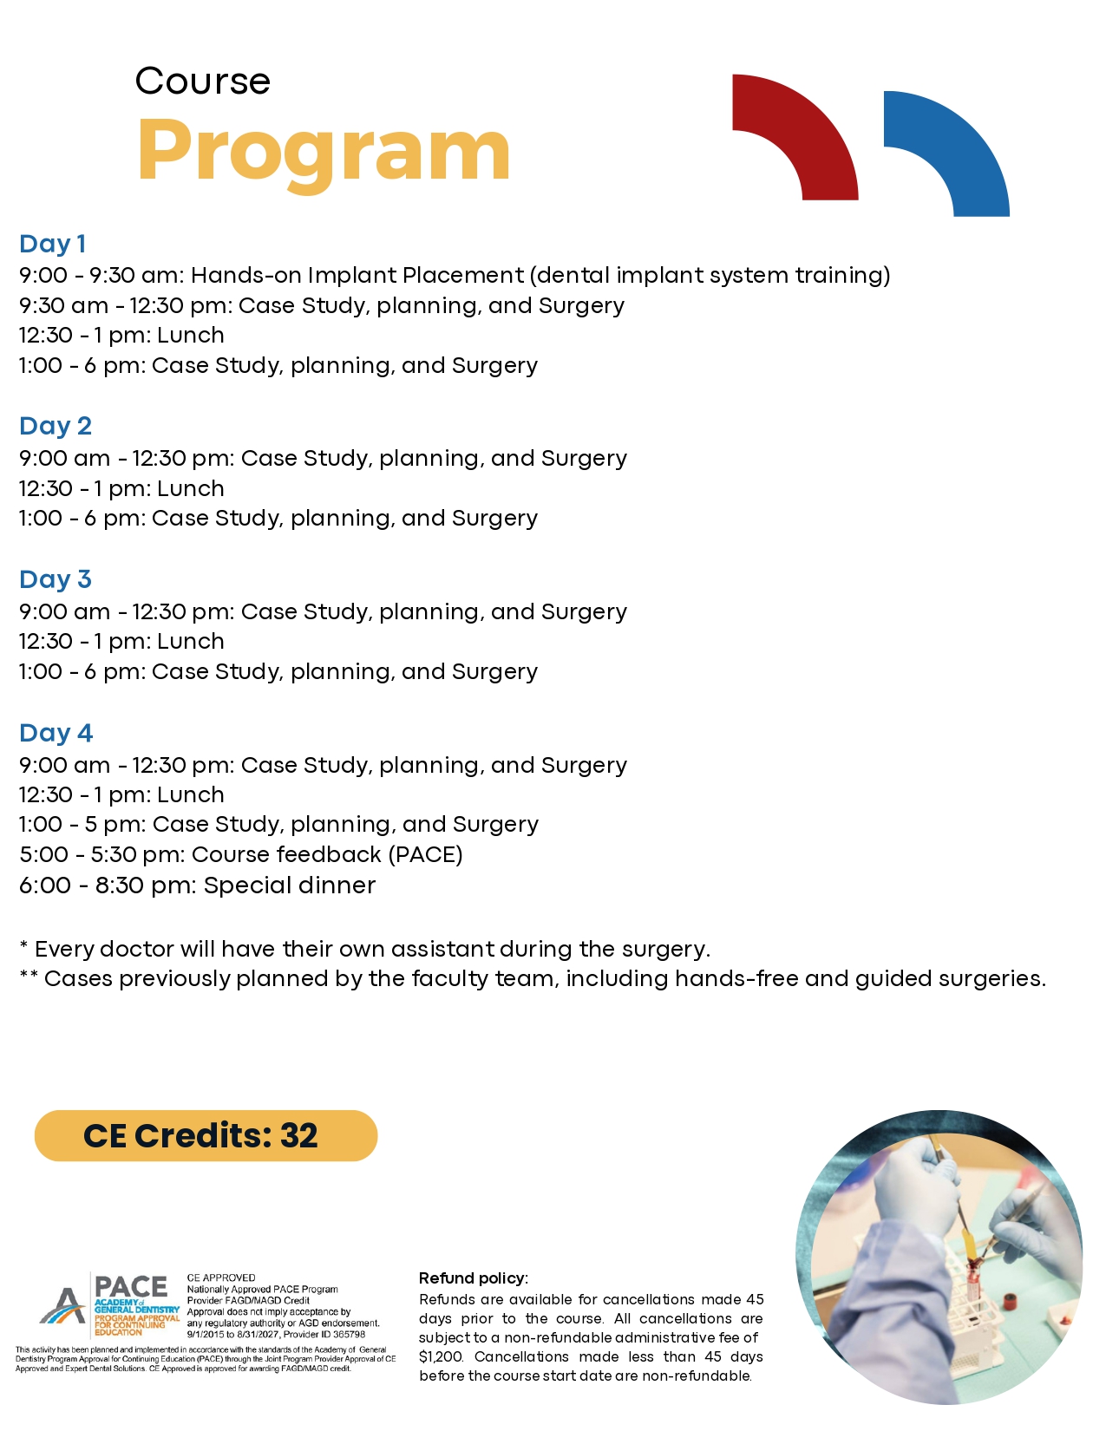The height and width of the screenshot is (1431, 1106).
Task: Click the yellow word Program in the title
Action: point(324,152)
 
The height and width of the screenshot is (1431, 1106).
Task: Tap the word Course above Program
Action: point(203,82)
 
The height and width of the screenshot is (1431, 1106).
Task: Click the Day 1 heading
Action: point(52,244)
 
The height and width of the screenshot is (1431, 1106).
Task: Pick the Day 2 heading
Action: point(55,426)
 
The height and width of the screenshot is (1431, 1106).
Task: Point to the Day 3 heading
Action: point(55,579)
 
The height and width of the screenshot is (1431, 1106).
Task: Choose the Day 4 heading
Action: point(56,733)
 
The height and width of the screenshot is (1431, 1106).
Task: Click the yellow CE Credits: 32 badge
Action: point(206,1135)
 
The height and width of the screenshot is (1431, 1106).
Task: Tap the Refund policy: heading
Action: point(473,1278)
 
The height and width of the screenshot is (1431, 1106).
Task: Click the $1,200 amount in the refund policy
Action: point(441,1356)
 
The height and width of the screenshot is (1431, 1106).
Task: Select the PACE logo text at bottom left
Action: point(131,1287)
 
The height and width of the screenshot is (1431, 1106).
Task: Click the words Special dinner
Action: point(290,885)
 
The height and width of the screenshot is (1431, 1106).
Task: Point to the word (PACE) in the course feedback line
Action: point(425,854)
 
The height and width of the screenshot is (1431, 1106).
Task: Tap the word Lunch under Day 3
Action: point(191,642)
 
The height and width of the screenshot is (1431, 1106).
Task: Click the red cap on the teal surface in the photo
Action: point(1009,1301)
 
